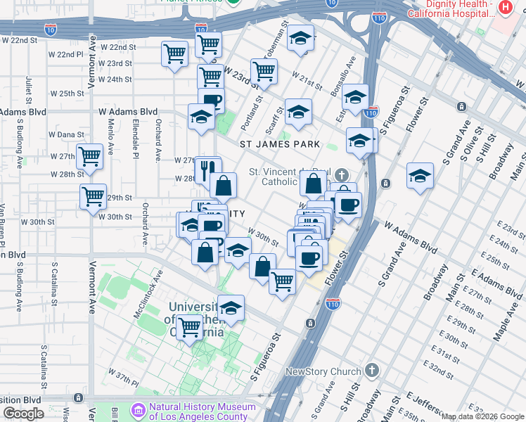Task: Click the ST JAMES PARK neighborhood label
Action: point(280,144)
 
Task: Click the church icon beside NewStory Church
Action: point(372,371)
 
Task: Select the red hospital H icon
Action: point(505,8)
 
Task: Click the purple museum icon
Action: point(138,409)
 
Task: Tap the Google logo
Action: point(23,413)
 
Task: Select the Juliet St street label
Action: point(29,89)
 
